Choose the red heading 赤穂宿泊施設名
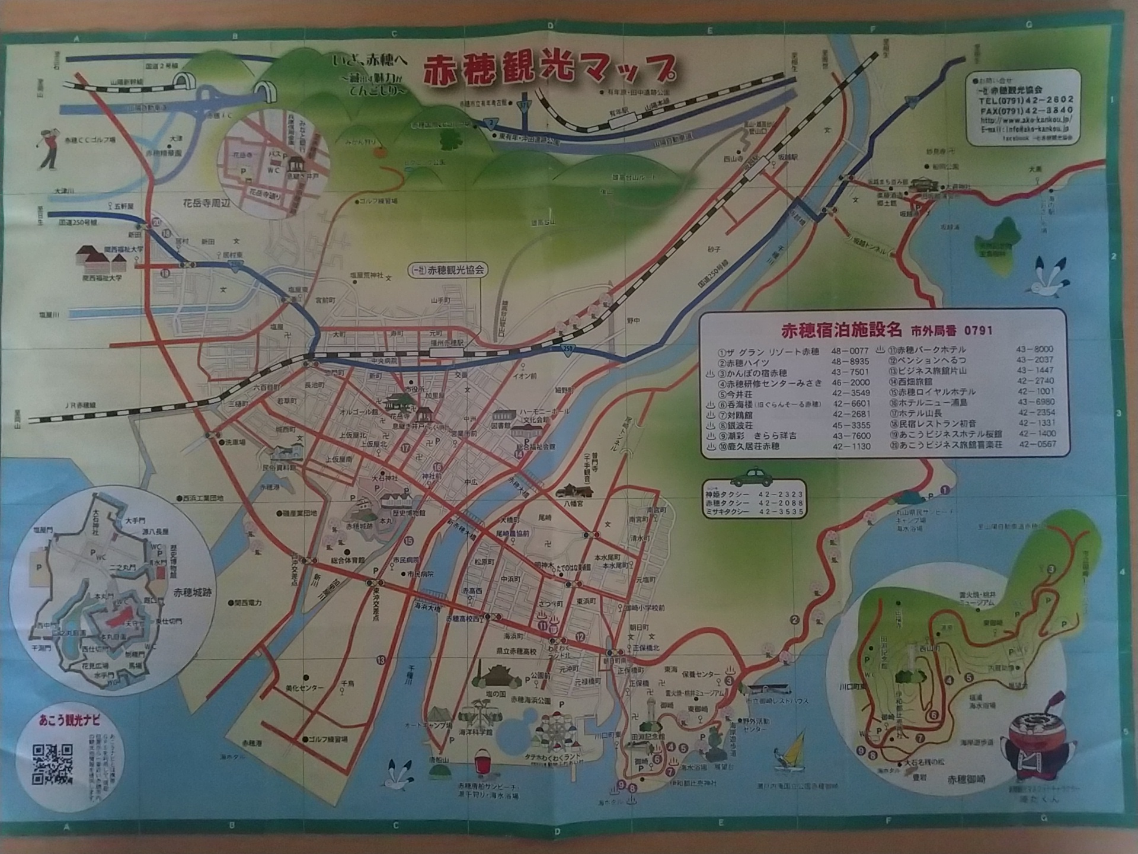[x=841, y=330]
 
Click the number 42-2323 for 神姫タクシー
[x=781, y=493]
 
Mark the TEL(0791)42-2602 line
[x=1025, y=100]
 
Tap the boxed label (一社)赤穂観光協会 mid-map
[x=447, y=269]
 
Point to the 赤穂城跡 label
[x=193, y=592]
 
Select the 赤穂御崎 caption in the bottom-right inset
[x=966, y=779]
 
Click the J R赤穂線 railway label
[x=81, y=405]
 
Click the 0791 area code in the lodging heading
[x=978, y=330]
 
